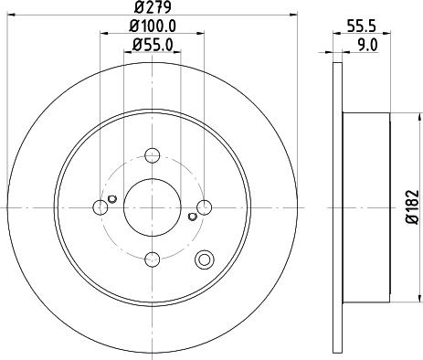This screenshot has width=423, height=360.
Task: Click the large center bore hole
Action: [152, 206]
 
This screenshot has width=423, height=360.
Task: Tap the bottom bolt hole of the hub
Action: [152, 259]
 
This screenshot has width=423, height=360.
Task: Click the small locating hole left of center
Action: [111, 200]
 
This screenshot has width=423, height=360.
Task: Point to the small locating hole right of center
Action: [192, 217]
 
